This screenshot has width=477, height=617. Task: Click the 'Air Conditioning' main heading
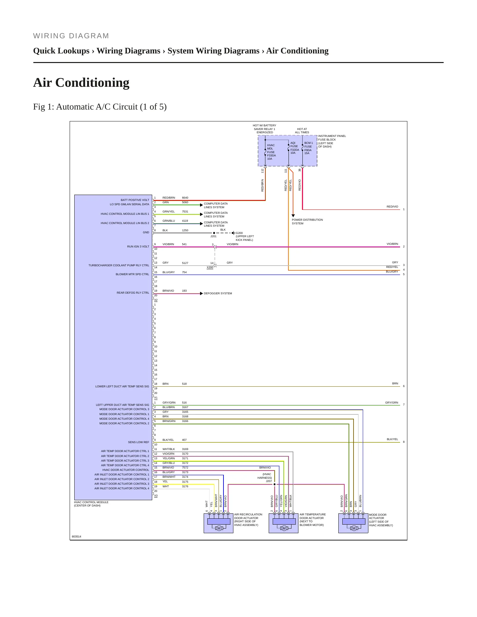pyautogui.click(x=81, y=82)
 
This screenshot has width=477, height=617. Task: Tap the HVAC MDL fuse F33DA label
pyautogui.click(x=271, y=152)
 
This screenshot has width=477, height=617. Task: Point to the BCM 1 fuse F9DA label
pyautogui.click(x=308, y=148)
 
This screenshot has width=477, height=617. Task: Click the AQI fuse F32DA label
pyautogui.click(x=294, y=148)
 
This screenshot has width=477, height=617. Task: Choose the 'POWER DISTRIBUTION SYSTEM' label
pyautogui.click(x=307, y=221)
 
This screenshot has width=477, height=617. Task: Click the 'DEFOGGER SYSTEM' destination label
pyautogui.click(x=218, y=293)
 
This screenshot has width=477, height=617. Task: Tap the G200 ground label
pyautogui.click(x=239, y=233)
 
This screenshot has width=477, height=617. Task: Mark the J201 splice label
pyautogui.click(x=214, y=236)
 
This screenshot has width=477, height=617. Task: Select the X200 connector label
pyautogui.click(x=210, y=267)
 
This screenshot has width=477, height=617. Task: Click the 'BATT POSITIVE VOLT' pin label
pyautogui.click(x=135, y=200)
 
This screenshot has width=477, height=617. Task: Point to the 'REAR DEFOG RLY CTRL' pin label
pyautogui.click(x=133, y=293)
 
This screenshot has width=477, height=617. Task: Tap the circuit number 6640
pyautogui.click(x=185, y=198)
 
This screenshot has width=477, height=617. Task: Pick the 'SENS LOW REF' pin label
pyautogui.click(x=139, y=442)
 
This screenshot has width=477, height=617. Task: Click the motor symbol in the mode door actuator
pyautogui.click(x=354, y=528)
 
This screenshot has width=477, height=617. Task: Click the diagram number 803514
pyautogui.click(x=77, y=536)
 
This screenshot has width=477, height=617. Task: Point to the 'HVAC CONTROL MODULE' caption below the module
pyautogui.click(x=91, y=504)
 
